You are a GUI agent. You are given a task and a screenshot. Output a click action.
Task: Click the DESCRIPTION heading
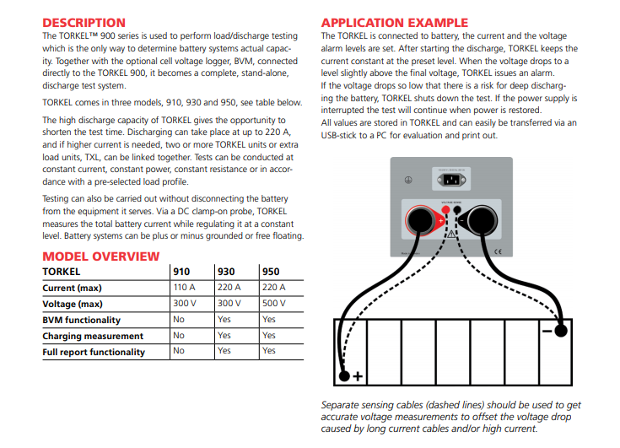[x=84, y=23]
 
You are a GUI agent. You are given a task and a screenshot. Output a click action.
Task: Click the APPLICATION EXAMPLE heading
[x=395, y=22]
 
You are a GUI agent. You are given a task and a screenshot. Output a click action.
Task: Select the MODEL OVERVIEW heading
[x=100, y=256]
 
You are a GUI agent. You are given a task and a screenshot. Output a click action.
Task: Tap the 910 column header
[x=181, y=272]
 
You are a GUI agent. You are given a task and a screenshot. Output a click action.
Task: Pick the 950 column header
[x=270, y=272]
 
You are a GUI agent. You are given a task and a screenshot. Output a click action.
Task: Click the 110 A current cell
[x=184, y=288]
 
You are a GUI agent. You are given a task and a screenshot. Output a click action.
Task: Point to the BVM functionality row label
[x=81, y=320]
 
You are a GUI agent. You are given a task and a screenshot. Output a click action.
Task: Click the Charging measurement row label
[x=93, y=336]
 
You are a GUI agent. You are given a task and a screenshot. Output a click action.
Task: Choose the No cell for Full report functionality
[x=179, y=351]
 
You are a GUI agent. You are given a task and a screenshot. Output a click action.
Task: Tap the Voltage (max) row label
[x=73, y=304]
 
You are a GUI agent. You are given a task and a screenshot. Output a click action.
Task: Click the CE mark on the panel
[x=499, y=251]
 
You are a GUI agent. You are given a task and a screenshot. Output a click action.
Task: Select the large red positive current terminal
[x=420, y=221]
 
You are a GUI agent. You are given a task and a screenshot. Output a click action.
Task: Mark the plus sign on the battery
[x=358, y=376]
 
